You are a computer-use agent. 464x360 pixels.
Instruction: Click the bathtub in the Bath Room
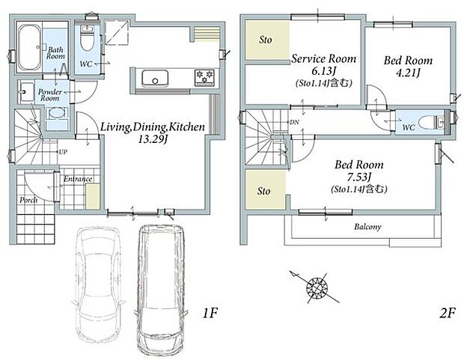[30, 48]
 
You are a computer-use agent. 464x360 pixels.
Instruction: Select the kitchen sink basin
[155, 79]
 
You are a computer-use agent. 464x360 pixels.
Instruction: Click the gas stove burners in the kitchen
[204, 78]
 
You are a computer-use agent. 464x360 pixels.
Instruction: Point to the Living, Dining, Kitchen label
[153, 127]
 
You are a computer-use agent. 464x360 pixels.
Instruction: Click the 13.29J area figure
[153, 139]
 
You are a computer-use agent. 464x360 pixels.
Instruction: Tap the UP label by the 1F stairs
[63, 152]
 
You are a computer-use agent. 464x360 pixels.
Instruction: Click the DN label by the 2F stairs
[294, 122]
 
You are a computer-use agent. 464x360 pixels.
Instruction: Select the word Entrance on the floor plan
[78, 179]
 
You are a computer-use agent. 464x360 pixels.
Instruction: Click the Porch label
[28, 200]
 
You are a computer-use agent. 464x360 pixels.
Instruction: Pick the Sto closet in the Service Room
[267, 40]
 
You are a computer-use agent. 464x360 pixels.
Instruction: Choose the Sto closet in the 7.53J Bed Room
[266, 190]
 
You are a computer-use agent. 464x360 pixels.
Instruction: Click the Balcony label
[367, 227]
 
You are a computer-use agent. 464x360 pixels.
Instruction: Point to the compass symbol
[317, 287]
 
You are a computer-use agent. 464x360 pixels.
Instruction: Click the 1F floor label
[210, 313]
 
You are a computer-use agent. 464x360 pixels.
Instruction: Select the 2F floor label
[447, 313]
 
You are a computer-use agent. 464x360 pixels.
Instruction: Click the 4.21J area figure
[409, 73]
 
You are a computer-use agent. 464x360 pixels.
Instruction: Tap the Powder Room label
[50, 95]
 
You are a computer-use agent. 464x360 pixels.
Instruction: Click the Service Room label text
[324, 58]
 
